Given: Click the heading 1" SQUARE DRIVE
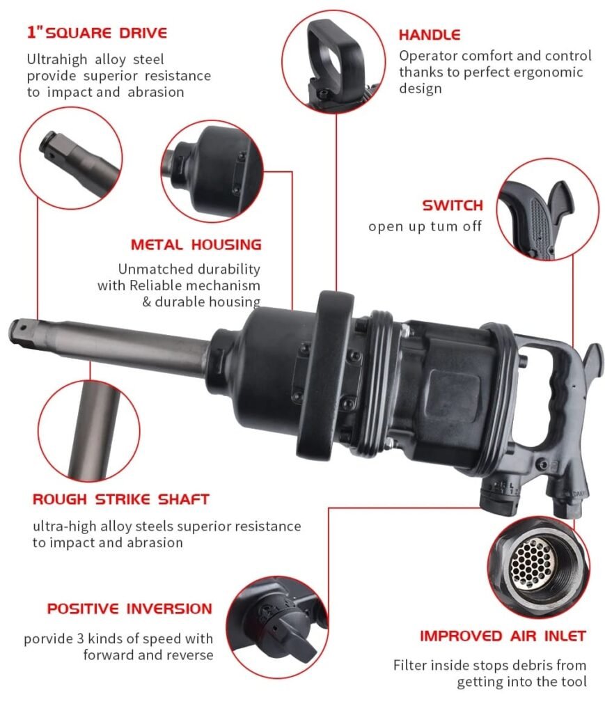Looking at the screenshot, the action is tap(97, 33).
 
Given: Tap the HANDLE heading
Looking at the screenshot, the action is tap(430, 35).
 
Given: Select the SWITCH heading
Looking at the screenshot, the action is tap(453, 205).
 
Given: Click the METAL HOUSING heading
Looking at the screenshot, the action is tap(196, 244).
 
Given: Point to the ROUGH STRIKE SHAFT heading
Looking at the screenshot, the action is tap(121, 499).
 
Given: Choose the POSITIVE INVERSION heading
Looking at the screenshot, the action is tap(129, 609).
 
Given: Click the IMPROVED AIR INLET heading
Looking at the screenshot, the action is tap(503, 636).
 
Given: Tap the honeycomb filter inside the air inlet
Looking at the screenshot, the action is tap(531, 562).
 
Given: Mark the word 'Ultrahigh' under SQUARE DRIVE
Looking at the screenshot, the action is tap(57, 59).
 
